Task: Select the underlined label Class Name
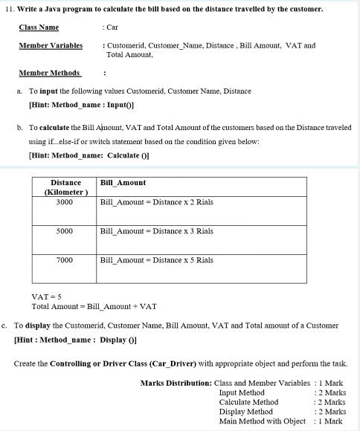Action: click(x=39, y=27)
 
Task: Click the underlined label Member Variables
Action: click(x=51, y=45)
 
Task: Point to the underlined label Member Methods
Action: click(x=50, y=73)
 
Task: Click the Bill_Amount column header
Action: click(x=123, y=182)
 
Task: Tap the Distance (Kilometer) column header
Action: click(x=65, y=187)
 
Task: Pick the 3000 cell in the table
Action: click(x=65, y=202)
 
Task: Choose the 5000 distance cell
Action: click(x=65, y=231)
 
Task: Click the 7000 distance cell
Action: click(x=65, y=260)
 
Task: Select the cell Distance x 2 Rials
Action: click(x=156, y=202)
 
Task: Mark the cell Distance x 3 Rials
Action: click(x=156, y=231)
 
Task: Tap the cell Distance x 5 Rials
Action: click(x=156, y=260)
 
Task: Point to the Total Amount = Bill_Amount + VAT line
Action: click(x=94, y=307)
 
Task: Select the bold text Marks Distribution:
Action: click(x=176, y=383)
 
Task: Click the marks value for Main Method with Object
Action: click(x=329, y=421)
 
